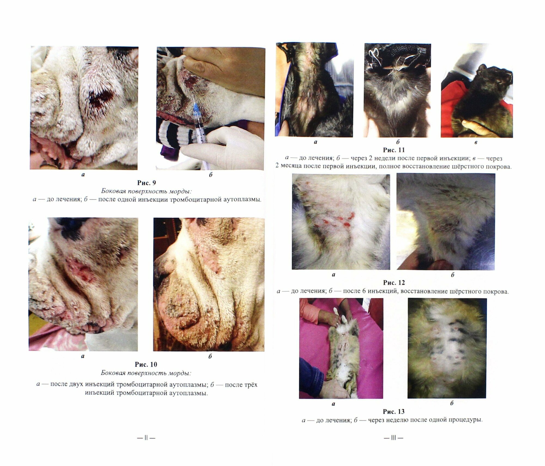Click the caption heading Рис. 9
pos(147,183)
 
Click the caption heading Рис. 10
pos(146,364)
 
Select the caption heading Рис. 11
pos(394,150)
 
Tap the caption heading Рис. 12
pos(394,283)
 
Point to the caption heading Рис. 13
pos(394,411)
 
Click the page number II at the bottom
pos(146,438)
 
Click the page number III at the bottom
pos(393,438)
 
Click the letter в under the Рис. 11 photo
pos(476,142)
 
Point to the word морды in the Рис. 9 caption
pos(186,191)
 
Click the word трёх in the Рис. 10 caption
pos(249,385)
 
